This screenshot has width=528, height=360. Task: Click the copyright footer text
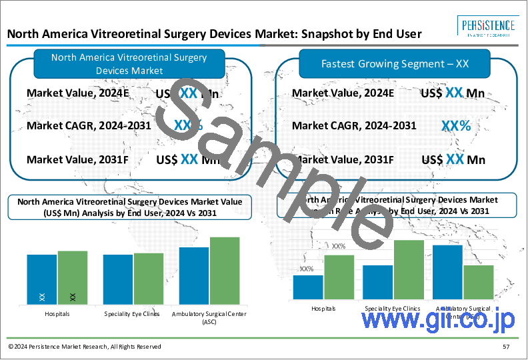(85, 347)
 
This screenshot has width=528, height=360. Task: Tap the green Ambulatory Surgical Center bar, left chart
(224, 270)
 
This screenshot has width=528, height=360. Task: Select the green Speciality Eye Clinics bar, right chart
(409, 269)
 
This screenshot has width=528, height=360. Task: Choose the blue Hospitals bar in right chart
(308, 287)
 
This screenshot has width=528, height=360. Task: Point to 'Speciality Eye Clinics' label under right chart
(393, 309)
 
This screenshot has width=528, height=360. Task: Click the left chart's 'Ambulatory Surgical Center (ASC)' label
(209, 317)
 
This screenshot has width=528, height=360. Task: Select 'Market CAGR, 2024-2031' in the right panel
(354, 125)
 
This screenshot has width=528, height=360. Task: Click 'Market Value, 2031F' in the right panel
(343, 159)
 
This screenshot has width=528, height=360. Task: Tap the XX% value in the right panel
(456, 125)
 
